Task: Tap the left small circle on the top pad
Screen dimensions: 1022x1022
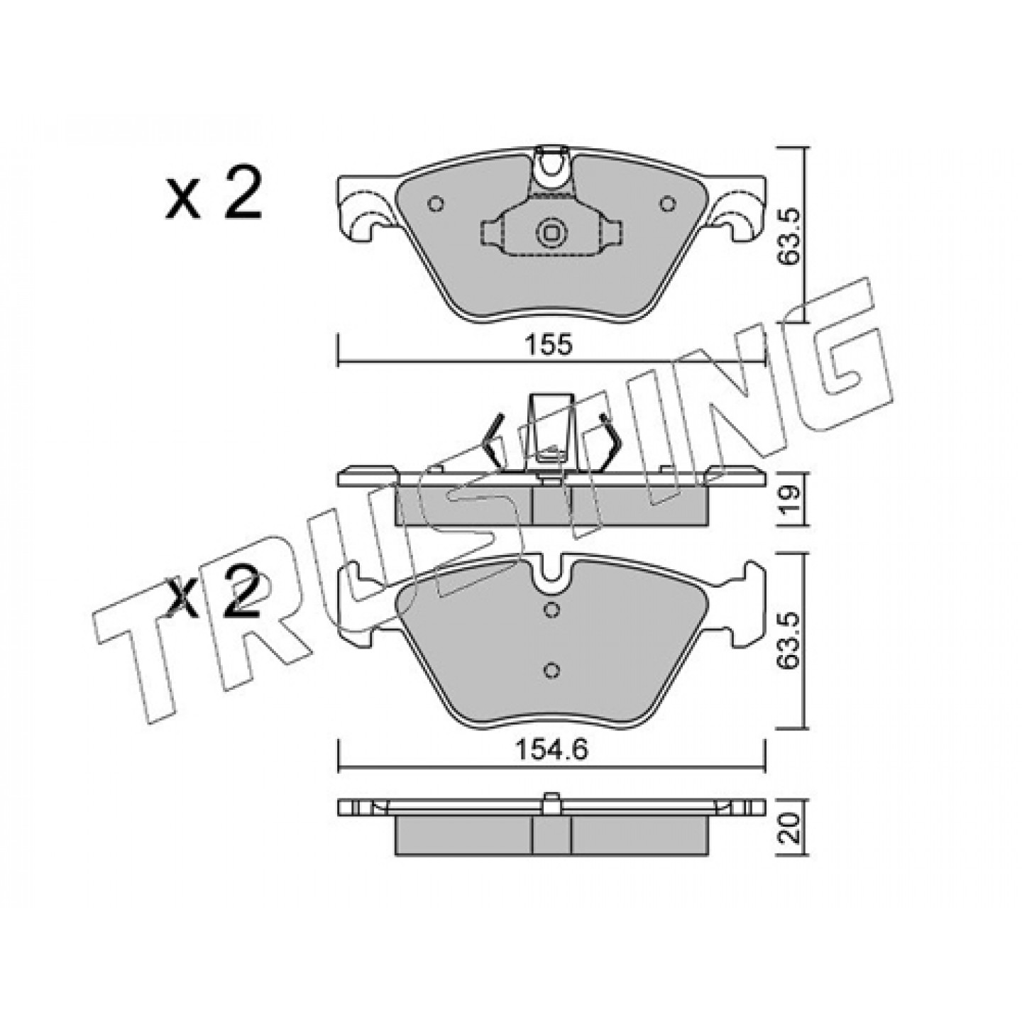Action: pyautogui.click(x=436, y=204)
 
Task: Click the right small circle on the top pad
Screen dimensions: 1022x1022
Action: pyautogui.click(x=668, y=204)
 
